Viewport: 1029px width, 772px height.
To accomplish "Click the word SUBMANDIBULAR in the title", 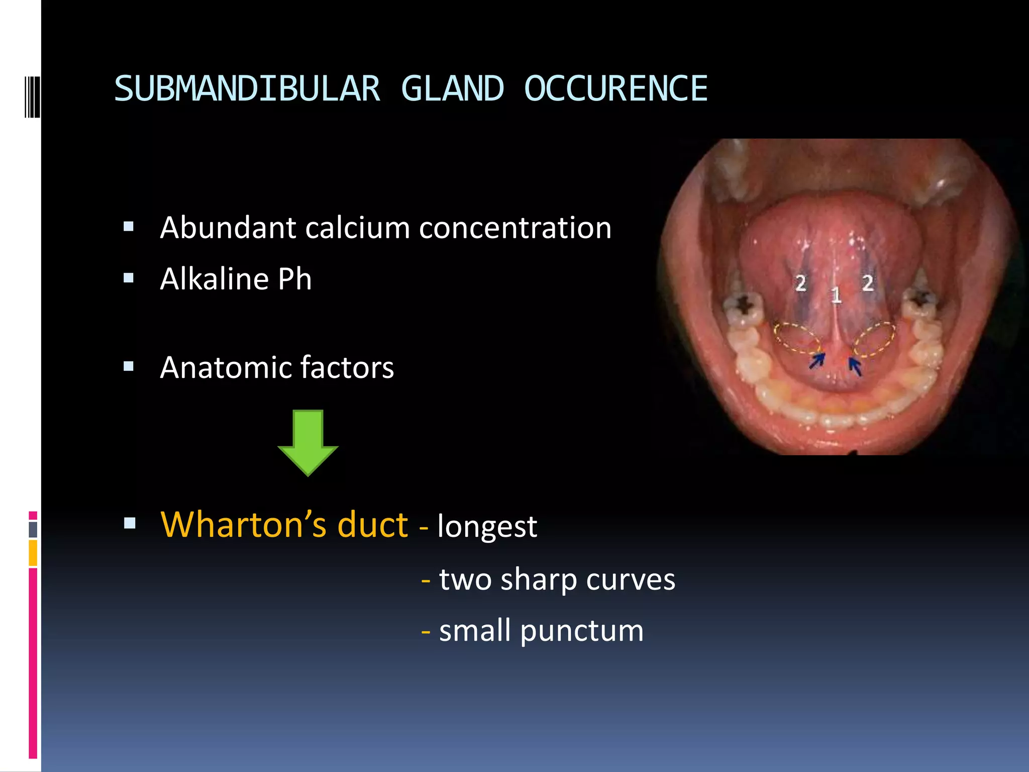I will coord(247,89).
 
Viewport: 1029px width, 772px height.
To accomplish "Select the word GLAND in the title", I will coord(452,89).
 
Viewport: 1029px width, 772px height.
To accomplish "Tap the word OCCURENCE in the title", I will coord(615,89).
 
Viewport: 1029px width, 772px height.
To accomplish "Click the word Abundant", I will coord(228,228).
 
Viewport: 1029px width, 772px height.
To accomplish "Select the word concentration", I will coord(515,228).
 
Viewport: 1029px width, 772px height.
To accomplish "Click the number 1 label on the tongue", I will coord(836,295).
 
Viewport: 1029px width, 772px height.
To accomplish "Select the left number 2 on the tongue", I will coord(801,283).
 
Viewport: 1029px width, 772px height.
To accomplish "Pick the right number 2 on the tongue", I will coord(868,283).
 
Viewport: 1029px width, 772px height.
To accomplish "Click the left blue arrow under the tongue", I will coord(817,360).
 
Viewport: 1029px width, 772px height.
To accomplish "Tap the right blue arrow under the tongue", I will coord(855,365).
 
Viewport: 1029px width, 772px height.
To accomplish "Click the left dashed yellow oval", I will coord(797,339).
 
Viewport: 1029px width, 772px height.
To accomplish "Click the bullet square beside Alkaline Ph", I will coord(129,278).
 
